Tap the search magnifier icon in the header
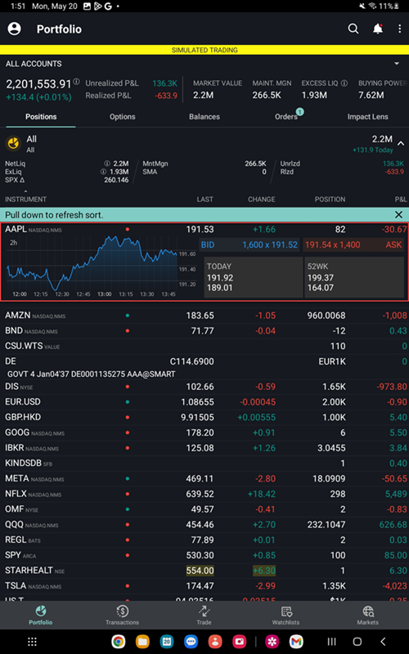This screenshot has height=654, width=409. [353, 29]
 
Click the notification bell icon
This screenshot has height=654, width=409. [377, 29]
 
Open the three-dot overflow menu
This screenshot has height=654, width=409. [399, 29]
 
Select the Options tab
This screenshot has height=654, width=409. [123, 117]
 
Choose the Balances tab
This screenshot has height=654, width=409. [204, 117]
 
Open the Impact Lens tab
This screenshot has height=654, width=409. [367, 117]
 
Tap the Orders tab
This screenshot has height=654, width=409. [286, 117]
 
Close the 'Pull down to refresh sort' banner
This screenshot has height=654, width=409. [398, 214]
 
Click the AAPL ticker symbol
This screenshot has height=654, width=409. [16, 230]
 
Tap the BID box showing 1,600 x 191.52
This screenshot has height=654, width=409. [250, 244]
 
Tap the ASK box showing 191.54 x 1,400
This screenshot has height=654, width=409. [353, 244]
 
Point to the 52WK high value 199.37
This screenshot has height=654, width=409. [321, 278]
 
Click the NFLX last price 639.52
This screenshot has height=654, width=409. [200, 494]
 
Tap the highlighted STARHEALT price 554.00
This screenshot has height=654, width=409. [200, 571]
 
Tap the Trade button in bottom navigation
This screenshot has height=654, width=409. [204, 615]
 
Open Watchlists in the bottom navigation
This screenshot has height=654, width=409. [286, 615]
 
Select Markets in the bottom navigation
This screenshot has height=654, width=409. [367, 615]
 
